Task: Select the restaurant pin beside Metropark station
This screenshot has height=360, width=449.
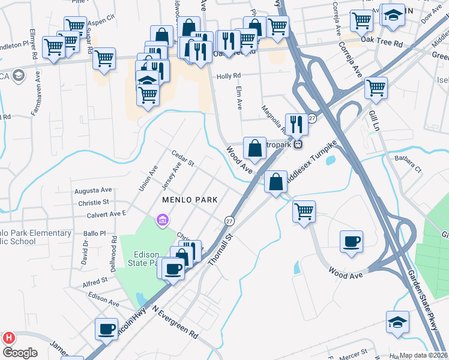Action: coord(297,125)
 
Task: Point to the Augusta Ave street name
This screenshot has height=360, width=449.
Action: coord(93,190)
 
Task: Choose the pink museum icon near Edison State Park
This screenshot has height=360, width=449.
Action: coord(161,221)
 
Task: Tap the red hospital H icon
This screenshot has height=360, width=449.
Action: coord(8,338)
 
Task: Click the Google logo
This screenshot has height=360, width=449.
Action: coord(20,353)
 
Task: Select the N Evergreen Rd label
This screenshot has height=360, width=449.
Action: coord(175,321)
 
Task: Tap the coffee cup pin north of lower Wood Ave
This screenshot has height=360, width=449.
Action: coord(351,241)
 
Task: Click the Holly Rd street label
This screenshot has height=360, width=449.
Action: coord(228,76)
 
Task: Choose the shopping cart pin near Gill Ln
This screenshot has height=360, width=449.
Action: coord(376,88)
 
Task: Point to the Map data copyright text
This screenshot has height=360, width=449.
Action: coord(424,355)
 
